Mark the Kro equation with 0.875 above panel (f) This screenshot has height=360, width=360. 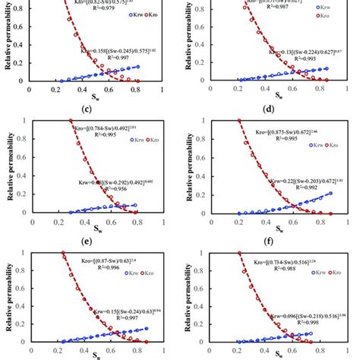click(x=281, y=125)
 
